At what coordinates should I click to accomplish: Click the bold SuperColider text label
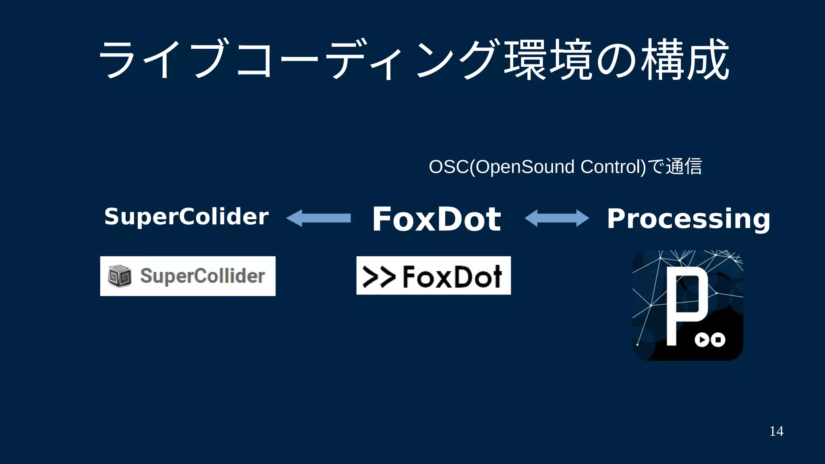(x=186, y=217)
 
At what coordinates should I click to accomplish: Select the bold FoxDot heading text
(x=436, y=219)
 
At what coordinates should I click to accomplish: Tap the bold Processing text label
(x=688, y=219)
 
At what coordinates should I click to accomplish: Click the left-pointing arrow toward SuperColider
(x=318, y=218)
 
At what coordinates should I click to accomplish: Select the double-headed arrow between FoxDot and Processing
(x=557, y=218)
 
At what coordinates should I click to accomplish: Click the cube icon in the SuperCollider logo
(x=120, y=276)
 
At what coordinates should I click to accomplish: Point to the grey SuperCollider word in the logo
(x=202, y=276)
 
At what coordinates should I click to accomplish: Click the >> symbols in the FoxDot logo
(x=379, y=277)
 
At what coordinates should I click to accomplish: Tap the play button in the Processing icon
(x=702, y=340)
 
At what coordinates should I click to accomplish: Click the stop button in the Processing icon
(x=718, y=340)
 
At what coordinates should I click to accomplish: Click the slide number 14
(x=776, y=431)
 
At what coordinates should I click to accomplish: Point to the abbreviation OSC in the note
(x=448, y=167)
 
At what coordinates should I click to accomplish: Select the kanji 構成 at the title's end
(x=685, y=60)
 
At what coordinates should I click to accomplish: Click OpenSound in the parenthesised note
(x=525, y=167)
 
